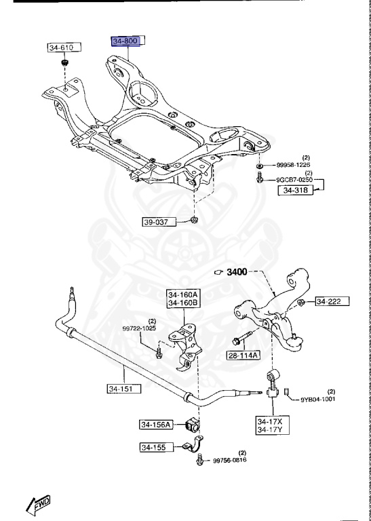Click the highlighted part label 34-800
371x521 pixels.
click(126, 42)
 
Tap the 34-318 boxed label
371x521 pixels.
click(296, 191)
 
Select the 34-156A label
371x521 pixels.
click(156, 425)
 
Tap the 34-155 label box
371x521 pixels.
click(153, 447)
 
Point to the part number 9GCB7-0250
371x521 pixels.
click(295, 179)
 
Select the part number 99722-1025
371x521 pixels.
click(139, 328)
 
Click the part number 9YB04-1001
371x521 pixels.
click(319, 400)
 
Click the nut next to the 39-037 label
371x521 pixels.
click(194, 221)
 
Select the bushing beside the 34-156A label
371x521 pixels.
click(192, 425)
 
